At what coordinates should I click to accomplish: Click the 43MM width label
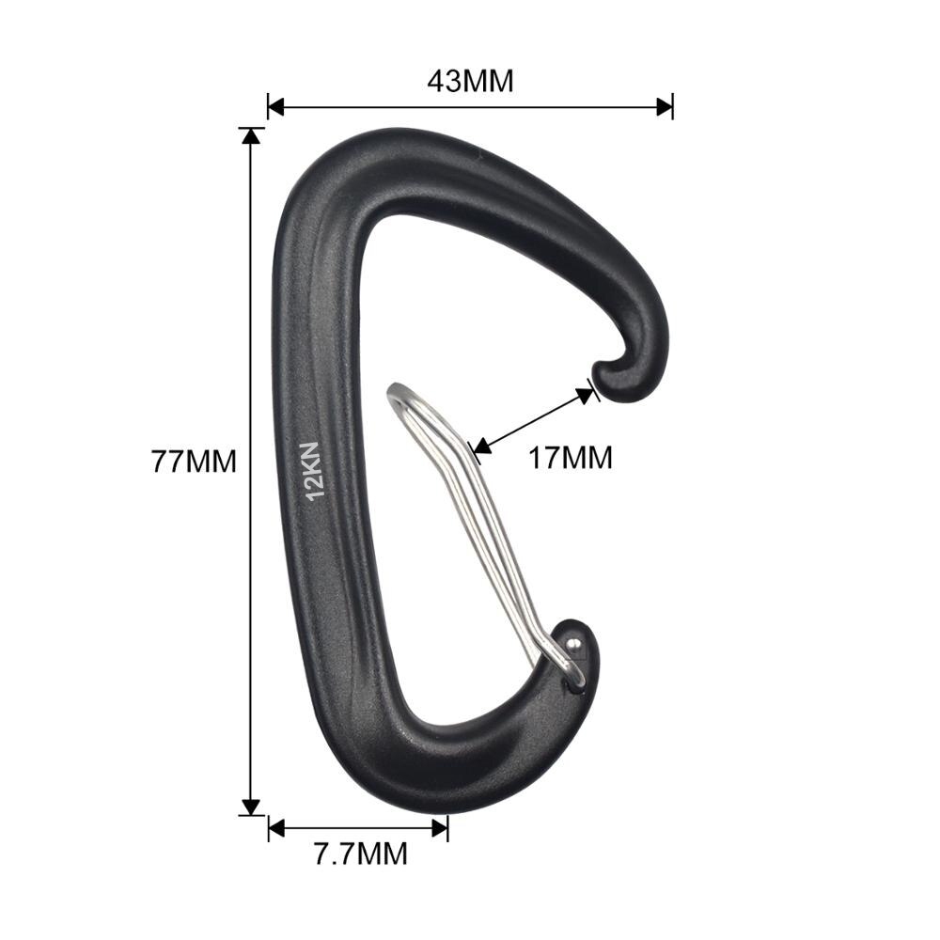point(471,81)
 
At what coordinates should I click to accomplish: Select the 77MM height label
point(195,462)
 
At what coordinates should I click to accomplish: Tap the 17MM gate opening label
point(571,458)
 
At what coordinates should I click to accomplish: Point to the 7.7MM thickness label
point(362,854)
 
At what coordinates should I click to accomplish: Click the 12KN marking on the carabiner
point(315,470)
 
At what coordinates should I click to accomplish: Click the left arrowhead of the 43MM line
point(275,108)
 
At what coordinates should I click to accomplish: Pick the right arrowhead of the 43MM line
point(665,108)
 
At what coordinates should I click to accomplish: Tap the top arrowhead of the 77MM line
point(251,136)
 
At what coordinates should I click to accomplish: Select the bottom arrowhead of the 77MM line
point(251,807)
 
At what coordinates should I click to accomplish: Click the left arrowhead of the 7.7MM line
point(276,828)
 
